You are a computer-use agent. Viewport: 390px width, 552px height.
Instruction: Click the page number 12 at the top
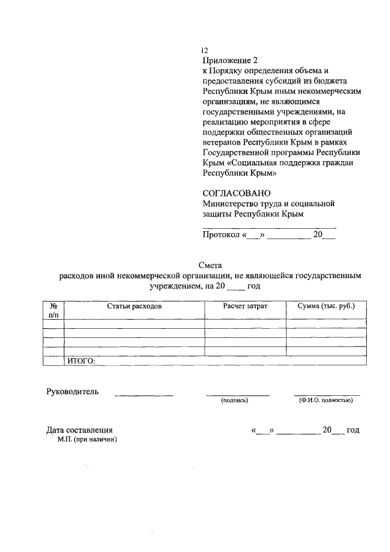point(205,51)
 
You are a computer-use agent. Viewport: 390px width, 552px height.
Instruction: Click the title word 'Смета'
point(211,265)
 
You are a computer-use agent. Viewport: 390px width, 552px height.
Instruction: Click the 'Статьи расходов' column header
point(133,306)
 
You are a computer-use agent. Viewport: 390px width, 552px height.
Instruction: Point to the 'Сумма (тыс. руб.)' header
point(326,306)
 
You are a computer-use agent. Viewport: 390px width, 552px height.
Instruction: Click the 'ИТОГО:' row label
point(81,361)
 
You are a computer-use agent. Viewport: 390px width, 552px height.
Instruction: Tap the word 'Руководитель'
point(72,392)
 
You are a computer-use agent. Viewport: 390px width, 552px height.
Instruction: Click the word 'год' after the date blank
point(353,430)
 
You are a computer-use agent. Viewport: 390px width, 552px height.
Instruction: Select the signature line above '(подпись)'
point(238,395)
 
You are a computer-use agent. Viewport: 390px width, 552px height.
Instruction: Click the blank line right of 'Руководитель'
point(144,395)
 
